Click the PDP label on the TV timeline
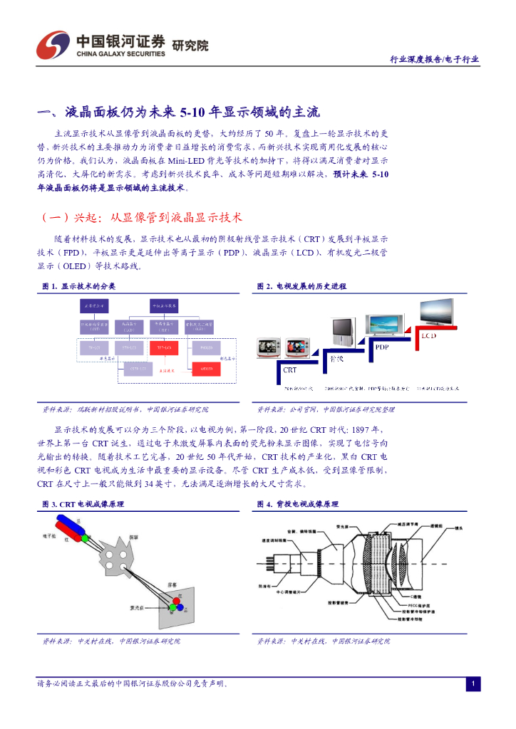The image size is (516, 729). tap(383, 346)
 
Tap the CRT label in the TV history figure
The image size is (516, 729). tap(290, 370)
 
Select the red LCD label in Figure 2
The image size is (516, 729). tap(429, 335)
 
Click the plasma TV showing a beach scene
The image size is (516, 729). tap(385, 324)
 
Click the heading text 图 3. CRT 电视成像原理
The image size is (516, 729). tap(83, 504)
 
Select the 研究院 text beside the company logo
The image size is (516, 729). tap(191, 46)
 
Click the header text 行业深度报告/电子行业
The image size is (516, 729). tap(434, 60)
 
